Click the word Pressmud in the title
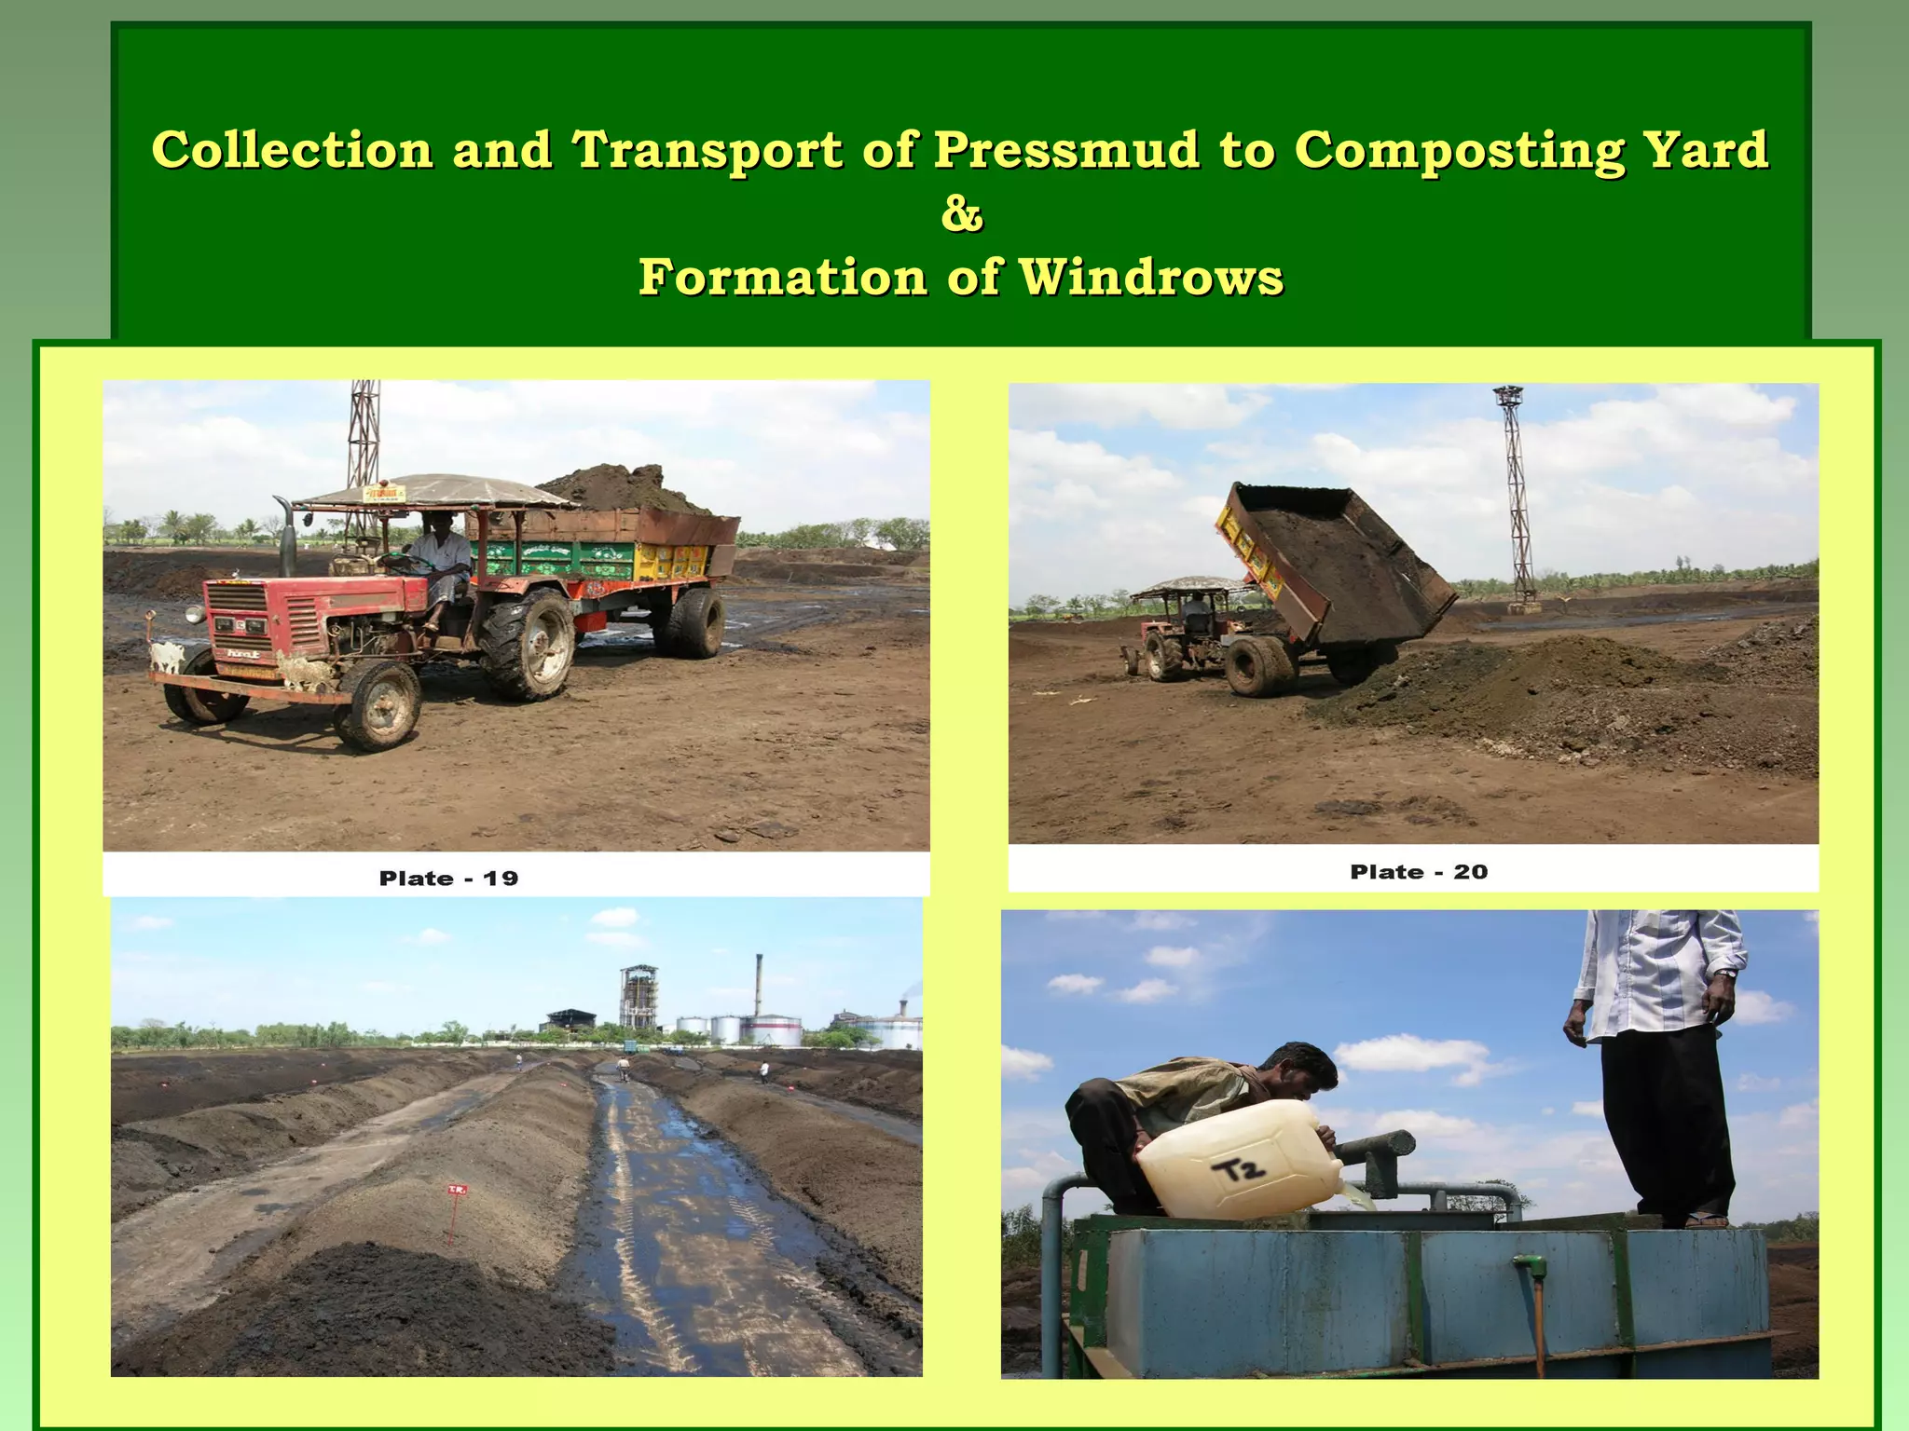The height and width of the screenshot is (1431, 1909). point(1066,151)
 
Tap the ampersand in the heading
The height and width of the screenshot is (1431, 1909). point(962,214)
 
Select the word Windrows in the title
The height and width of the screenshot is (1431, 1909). point(1150,278)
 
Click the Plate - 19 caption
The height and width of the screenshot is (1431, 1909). point(448,879)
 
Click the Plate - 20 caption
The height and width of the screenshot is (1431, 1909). point(1419,872)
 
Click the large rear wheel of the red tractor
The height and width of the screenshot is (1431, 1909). point(528,645)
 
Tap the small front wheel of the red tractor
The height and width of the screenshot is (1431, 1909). point(378,705)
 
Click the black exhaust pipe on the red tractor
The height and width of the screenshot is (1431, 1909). point(284,536)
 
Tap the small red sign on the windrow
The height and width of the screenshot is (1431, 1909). point(456,1192)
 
